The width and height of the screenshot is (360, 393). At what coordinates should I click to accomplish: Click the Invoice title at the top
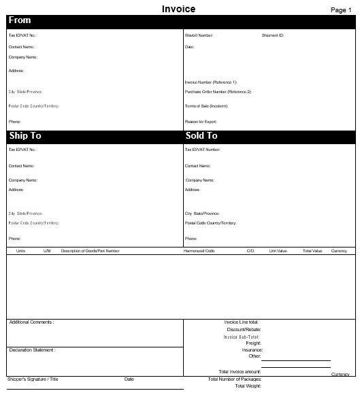tap(179, 9)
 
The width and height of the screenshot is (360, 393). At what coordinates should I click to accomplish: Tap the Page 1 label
tap(340, 10)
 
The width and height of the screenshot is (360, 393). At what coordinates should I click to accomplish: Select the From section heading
tap(20, 20)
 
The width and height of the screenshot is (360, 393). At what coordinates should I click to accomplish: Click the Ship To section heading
tap(26, 136)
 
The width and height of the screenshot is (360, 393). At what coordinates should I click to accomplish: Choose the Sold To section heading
tap(201, 136)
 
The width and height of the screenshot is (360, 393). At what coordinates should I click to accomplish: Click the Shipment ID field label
tap(273, 34)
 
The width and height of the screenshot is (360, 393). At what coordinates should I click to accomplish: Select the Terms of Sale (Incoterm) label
tap(206, 107)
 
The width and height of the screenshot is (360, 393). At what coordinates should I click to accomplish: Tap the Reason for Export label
tap(200, 122)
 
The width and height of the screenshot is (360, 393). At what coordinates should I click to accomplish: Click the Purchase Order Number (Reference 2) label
tap(218, 91)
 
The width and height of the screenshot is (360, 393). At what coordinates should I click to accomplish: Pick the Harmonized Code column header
tap(199, 251)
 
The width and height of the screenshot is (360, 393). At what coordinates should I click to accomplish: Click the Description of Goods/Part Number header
tap(91, 251)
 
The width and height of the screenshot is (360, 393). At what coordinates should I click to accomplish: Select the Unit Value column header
tap(278, 251)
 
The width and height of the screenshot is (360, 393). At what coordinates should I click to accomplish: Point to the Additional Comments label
tap(31, 322)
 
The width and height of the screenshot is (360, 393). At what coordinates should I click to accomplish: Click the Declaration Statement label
tap(32, 350)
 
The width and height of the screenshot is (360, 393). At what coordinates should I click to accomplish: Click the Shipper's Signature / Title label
tap(33, 379)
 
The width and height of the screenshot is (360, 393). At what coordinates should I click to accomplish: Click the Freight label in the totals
tap(253, 343)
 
